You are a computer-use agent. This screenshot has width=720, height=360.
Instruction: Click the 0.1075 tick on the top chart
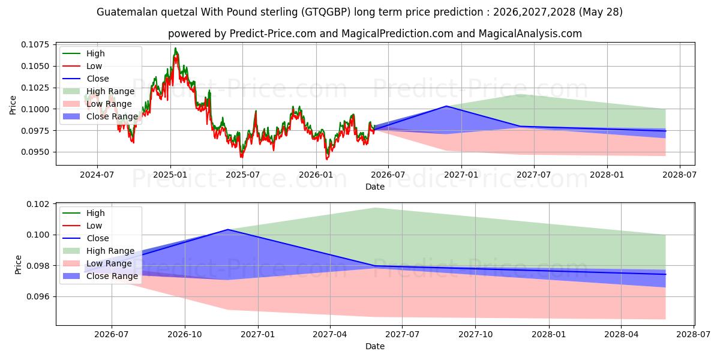[35, 44]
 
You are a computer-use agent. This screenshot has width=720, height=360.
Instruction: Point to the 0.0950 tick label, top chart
[35, 152]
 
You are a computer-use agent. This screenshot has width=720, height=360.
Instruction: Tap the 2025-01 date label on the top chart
[170, 175]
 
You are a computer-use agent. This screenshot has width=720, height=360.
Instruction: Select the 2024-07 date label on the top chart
[97, 175]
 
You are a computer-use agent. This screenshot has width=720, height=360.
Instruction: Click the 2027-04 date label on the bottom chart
[330, 334]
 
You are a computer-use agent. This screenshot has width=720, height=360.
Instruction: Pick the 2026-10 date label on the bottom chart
[185, 334]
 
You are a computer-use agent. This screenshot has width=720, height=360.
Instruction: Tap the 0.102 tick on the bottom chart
[38, 204]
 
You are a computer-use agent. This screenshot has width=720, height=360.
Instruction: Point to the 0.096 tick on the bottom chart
[38, 296]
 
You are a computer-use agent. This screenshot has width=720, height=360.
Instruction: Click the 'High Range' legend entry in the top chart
[98, 91]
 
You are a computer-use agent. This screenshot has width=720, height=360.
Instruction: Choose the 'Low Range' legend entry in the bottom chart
[97, 263]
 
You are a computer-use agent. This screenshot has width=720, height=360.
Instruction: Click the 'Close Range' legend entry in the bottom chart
[100, 276]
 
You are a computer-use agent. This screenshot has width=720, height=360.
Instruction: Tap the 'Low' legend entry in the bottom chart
[82, 226]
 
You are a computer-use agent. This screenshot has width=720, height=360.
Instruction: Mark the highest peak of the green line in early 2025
[175, 48]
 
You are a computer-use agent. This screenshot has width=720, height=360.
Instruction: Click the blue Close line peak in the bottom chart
[227, 229]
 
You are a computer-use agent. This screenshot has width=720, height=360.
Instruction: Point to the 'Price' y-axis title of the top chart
[13, 105]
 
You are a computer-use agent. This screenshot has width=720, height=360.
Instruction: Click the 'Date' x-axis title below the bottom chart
[375, 346]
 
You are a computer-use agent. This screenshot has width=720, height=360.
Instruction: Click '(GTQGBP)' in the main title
[326, 12]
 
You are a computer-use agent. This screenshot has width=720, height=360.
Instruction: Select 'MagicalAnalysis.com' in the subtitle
[530, 34]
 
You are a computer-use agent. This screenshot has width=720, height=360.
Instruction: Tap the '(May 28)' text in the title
[601, 12]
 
